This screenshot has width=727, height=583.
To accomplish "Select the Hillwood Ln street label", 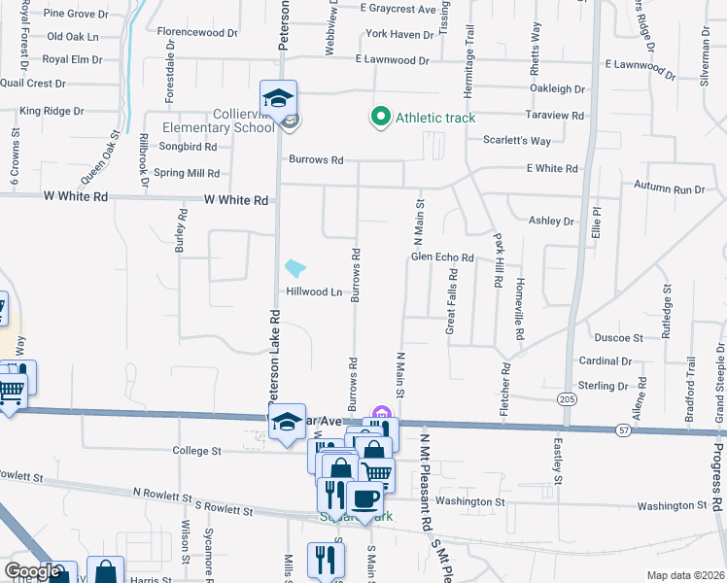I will point(314,291).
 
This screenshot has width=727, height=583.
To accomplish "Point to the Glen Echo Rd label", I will point(441,257).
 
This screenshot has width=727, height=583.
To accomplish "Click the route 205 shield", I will point(566,397).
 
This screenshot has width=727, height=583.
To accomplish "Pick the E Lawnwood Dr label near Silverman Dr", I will point(640,64).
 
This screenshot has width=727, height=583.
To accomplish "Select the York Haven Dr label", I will point(399,35).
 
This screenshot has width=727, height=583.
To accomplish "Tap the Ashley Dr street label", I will point(551,221).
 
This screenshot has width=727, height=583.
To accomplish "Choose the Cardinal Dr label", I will point(606,360).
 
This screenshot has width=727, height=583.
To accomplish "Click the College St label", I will point(197,451).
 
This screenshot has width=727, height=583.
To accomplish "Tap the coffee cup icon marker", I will point(365,499).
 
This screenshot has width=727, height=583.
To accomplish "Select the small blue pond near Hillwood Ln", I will point(294,267).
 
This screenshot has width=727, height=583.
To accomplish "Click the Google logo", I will point(32,571).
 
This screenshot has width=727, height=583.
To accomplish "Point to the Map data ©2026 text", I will point(685,575).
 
